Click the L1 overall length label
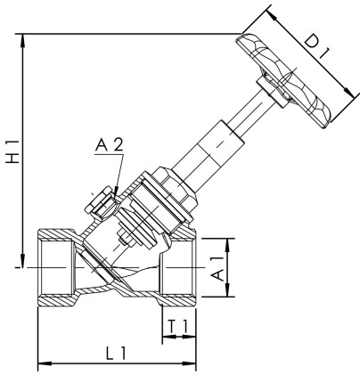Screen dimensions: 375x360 pyautogui.click(x=115, y=353)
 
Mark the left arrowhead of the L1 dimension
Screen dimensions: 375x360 pyautogui.click(x=41, y=363)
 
